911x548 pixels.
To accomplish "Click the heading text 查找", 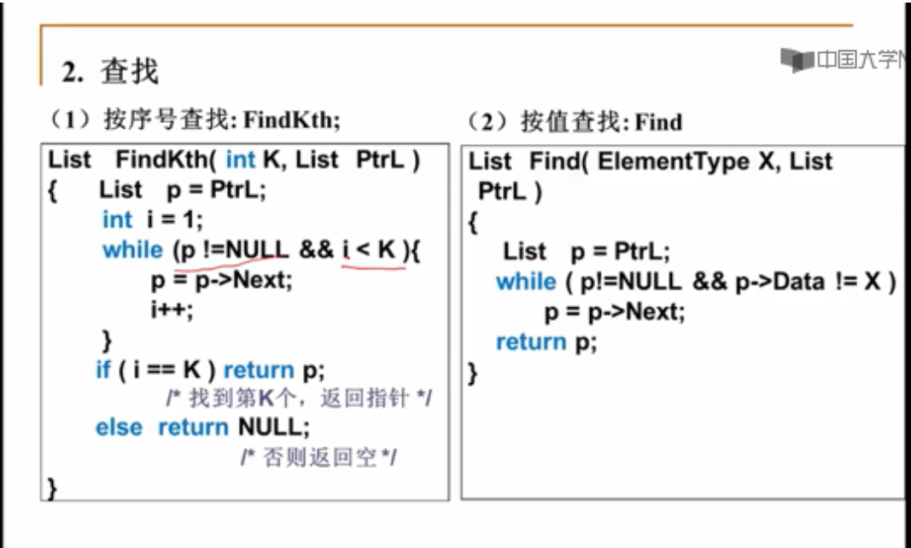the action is (130, 72).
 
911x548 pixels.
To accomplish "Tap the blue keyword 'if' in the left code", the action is (102, 370).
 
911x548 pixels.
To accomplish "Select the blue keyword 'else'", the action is (120, 427).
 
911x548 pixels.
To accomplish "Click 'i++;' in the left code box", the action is (172, 308).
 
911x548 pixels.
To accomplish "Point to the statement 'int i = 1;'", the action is (153, 219).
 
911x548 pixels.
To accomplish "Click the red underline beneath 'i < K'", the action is (374, 266).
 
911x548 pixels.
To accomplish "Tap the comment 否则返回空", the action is (318, 458).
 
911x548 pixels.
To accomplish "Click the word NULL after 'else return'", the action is (268, 427).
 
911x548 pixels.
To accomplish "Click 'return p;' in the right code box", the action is (546, 342).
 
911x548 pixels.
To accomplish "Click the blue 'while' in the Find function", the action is (525, 282).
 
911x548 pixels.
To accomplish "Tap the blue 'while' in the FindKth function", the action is (131, 250).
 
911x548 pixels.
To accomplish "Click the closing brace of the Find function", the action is (474, 373).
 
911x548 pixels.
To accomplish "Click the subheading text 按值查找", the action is (571, 122).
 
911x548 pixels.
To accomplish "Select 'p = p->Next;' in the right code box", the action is (615, 312).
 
